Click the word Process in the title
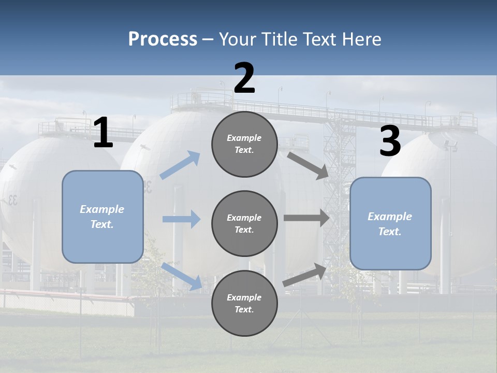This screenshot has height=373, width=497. [163, 39]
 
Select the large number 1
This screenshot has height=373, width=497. [103, 133]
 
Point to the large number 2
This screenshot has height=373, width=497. [244, 78]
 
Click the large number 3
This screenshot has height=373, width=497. [390, 141]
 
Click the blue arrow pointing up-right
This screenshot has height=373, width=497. [180, 165]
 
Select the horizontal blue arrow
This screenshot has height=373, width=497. [181, 219]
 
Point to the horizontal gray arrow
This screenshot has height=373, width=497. [306, 218]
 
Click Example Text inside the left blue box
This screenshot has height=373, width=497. [102, 217]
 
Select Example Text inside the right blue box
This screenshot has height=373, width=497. [390, 224]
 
